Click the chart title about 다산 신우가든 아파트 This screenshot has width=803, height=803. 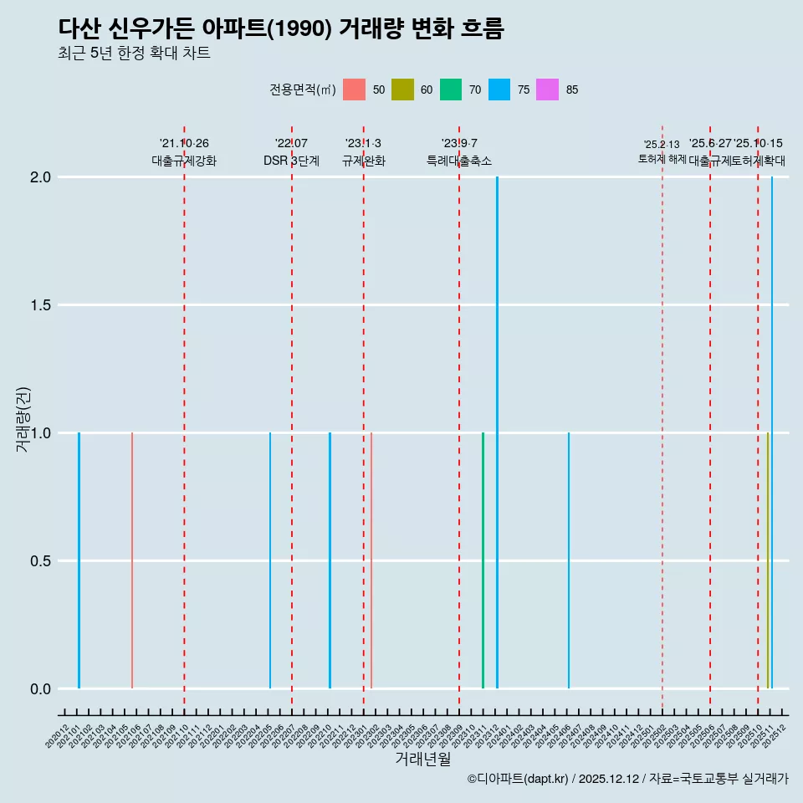[281, 28]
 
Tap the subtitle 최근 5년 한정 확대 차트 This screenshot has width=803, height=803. [134, 54]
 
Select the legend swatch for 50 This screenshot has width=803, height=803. [354, 90]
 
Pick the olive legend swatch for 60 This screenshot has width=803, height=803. [402, 90]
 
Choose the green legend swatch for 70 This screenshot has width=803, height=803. [451, 90]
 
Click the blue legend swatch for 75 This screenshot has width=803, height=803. [499, 90]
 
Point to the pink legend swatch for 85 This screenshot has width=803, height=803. [547, 90]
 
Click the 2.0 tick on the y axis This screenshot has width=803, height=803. [41, 177]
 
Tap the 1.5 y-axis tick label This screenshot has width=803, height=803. [41, 305]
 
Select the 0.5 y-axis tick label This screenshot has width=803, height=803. [41, 561]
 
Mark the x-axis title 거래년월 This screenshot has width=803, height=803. [422, 760]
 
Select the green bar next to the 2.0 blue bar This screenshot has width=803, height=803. [483, 560]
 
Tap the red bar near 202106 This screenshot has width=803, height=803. [132, 560]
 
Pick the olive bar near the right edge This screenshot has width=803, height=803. [767, 560]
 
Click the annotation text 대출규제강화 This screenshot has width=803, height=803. [184, 161]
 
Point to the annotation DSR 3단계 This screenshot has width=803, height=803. [291, 161]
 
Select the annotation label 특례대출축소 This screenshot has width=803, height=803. [458, 161]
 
